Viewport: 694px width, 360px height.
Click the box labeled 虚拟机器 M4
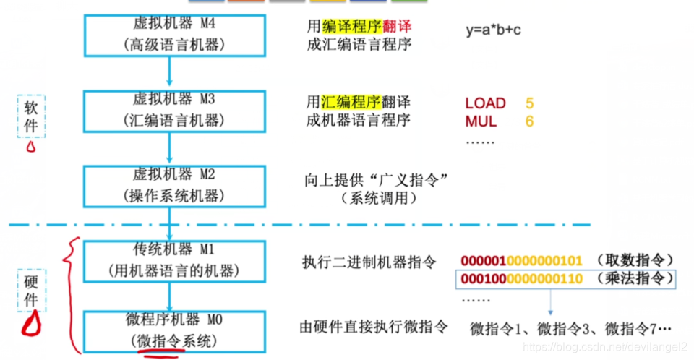(169, 34)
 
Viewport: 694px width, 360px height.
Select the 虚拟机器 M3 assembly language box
(169, 110)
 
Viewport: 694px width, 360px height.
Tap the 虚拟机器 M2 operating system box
(169, 186)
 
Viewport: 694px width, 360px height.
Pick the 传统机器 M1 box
(169, 260)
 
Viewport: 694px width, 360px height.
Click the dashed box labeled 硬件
(32, 290)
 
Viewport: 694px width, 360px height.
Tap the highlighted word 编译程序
(351, 26)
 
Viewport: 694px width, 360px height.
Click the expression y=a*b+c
(504, 30)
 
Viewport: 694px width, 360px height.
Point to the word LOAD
(485, 103)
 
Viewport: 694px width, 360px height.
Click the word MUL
(481, 121)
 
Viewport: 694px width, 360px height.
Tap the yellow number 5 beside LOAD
(530, 103)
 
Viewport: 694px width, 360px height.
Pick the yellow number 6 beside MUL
(530, 121)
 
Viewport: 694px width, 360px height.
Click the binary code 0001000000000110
(521, 278)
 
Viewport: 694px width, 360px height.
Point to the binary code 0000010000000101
(521, 260)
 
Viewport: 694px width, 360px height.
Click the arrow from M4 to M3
(169, 72)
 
